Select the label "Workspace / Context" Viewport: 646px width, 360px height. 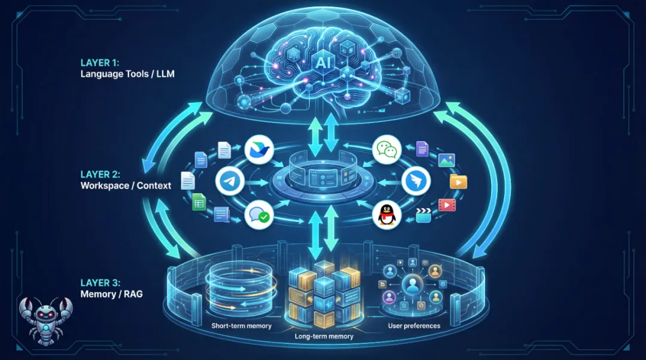coord(126,185)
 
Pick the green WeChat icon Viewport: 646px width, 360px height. coord(386,150)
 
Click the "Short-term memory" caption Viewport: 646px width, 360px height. coord(241,326)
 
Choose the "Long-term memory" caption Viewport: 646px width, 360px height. coord(324,336)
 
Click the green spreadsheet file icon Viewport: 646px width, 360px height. coord(199,202)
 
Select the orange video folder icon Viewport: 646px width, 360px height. coord(458,181)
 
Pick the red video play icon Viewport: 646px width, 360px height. coord(446,205)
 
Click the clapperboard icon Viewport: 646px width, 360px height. coord(423,215)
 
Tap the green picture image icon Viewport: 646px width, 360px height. coord(446,160)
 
